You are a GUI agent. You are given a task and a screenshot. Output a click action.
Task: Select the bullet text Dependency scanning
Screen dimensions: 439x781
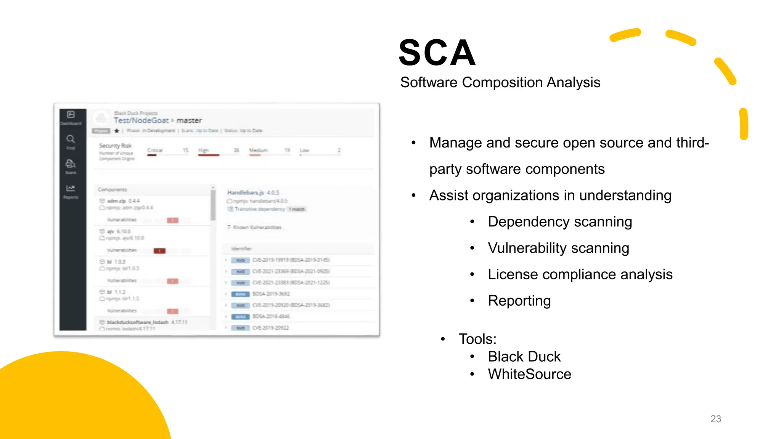click(560, 222)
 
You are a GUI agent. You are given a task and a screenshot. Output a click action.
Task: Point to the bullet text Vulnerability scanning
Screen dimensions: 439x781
click(558, 248)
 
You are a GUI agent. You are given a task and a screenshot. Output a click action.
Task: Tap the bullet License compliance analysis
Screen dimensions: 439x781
click(580, 274)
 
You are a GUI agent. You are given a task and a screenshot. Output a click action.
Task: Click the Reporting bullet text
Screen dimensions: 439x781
click(519, 301)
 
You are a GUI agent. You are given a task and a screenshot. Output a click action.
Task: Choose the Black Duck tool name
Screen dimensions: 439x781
click(524, 357)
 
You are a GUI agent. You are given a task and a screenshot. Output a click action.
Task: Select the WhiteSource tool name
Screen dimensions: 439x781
click(529, 374)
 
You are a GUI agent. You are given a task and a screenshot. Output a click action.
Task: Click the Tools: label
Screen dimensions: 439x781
click(477, 339)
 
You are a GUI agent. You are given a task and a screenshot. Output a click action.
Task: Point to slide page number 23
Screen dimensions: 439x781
click(715, 419)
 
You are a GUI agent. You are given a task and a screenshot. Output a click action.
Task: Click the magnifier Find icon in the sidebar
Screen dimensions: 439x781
click(71, 139)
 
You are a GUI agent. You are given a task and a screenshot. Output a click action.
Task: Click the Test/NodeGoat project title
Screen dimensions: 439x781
click(141, 120)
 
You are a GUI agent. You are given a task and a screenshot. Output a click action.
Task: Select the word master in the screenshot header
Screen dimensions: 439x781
click(189, 120)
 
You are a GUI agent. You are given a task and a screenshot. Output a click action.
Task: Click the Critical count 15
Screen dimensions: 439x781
click(186, 150)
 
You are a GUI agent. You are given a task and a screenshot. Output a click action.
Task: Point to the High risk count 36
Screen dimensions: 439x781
click(236, 150)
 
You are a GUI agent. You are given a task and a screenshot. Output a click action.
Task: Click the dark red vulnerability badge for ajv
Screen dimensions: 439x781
click(159, 251)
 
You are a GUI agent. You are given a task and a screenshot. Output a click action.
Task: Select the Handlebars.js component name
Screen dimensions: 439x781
click(246, 192)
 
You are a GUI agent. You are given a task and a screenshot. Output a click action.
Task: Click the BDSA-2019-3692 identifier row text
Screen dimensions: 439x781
click(271, 294)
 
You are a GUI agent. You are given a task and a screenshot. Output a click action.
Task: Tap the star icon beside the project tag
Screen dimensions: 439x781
click(117, 131)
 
